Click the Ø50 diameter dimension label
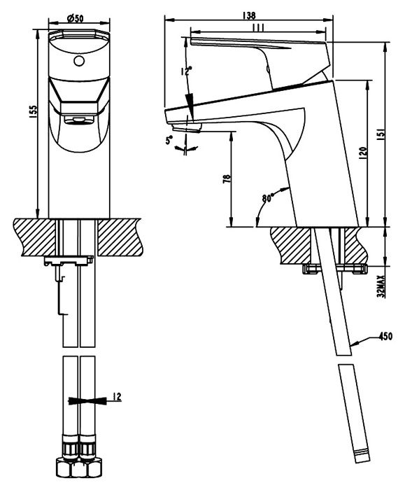point(76,18)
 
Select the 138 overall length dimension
point(249,15)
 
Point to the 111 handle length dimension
point(259,27)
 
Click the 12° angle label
point(185,71)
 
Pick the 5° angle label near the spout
point(169,141)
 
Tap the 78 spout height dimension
point(227,178)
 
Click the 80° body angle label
point(268,197)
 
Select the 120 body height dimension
point(362,153)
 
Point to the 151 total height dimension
point(381,133)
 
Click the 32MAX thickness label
point(381,286)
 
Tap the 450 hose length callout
point(385,337)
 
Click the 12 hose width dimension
point(117,397)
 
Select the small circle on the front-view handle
point(79,61)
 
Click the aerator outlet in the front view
point(79,120)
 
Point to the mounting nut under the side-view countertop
point(334,269)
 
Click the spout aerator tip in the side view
point(187,127)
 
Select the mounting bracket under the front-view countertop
point(69,260)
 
